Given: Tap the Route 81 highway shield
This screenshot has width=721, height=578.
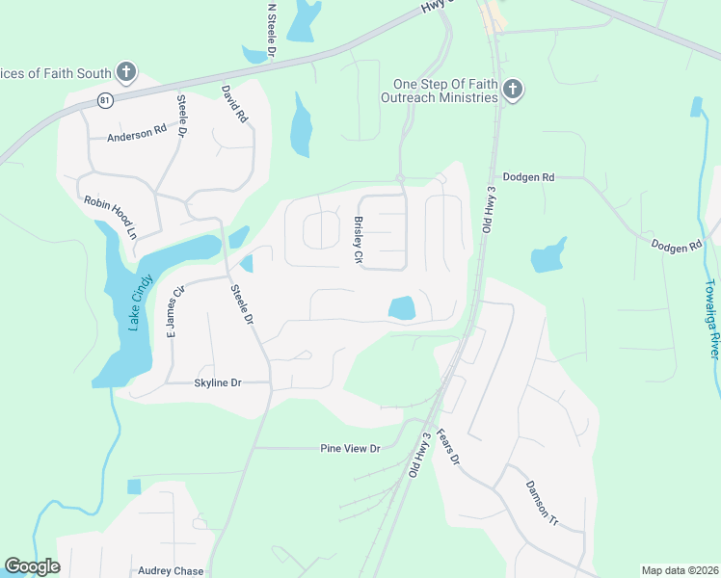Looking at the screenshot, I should [105, 100].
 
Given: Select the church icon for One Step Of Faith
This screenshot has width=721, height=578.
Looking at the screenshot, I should [513, 91].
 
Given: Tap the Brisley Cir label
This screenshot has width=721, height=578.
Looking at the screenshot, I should [358, 240].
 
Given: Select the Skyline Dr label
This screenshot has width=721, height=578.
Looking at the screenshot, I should [216, 382].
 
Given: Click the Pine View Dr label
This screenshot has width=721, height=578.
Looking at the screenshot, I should [351, 448].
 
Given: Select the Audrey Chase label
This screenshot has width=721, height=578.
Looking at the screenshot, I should [171, 571].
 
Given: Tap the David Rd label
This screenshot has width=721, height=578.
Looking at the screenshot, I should [235, 104].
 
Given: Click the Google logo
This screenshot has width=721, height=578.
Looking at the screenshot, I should [32, 566].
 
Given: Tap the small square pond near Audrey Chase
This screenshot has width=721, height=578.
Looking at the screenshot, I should [133, 486].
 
